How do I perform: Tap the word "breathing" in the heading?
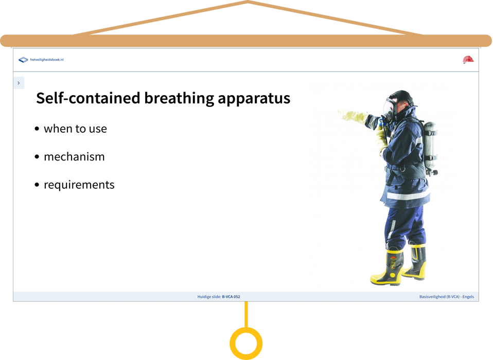[179, 98]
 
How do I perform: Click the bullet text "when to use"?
[75, 129]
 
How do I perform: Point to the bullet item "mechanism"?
[74, 156]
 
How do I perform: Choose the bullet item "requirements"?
[79, 185]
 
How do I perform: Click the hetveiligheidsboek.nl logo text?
[47, 60]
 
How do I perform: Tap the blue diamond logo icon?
[23, 60]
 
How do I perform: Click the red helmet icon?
[468, 59]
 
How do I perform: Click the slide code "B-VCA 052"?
[231, 297]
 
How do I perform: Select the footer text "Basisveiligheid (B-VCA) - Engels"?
[447, 297]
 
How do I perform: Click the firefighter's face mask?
[389, 110]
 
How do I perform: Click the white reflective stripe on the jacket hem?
[408, 195]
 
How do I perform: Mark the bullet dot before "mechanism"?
[37, 157]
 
